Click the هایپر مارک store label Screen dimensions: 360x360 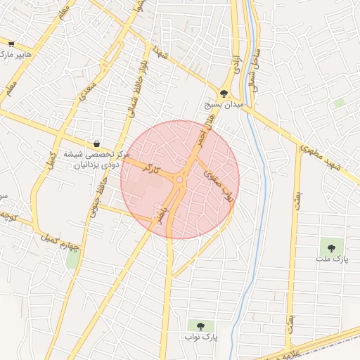tap(15, 54)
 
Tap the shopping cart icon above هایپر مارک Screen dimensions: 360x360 tap(11, 44)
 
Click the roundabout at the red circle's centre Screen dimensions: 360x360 tap(180, 180)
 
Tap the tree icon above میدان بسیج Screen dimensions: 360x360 tap(224, 92)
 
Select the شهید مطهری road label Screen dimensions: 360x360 tap(319, 157)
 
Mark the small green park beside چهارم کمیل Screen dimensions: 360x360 tap(72, 257)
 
